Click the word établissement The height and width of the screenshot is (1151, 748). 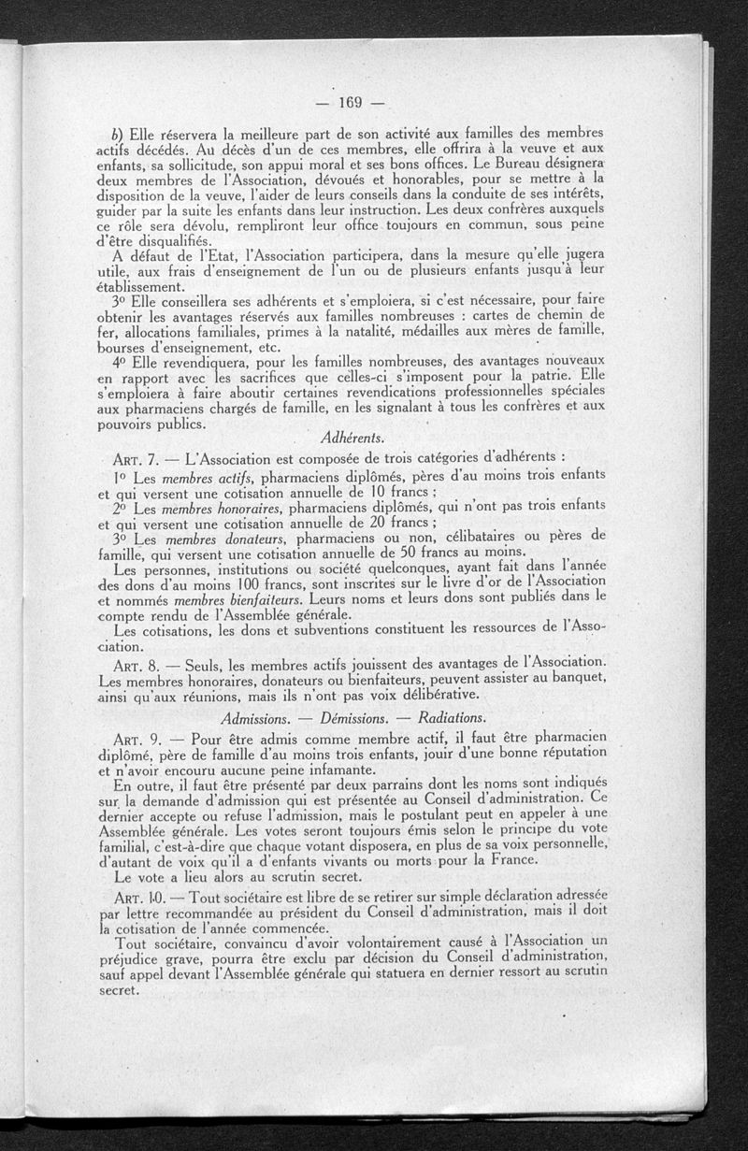[141, 286]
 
